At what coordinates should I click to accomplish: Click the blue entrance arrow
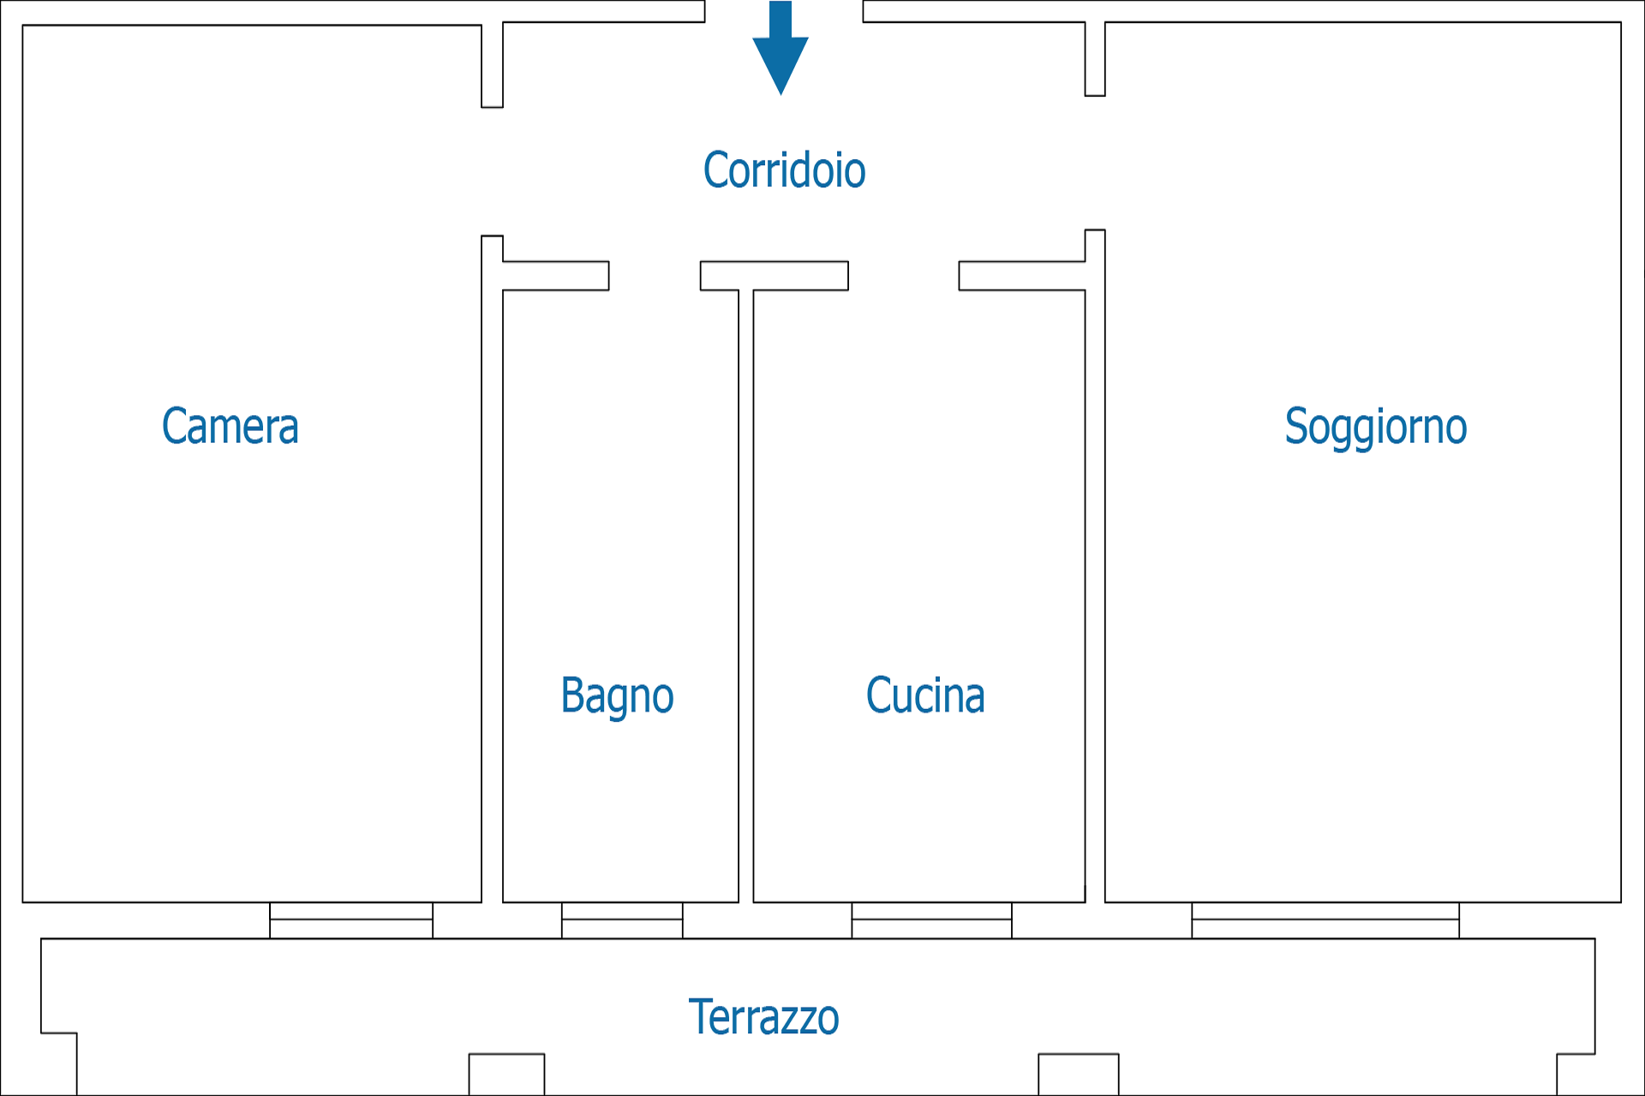click(781, 48)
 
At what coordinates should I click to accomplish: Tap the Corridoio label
click(784, 170)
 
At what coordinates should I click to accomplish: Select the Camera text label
click(230, 426)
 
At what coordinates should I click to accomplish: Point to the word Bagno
click(617, 696)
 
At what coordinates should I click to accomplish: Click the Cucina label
click(925, 694)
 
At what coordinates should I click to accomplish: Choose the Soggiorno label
click(1376, 427)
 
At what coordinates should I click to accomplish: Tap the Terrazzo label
click(763, 1016)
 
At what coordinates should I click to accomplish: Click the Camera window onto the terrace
click(351, 920)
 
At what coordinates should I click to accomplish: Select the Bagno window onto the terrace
click(622, 920)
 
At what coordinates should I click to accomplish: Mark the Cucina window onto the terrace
click(931, 920)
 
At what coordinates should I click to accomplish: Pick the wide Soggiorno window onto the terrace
click(1325, 920)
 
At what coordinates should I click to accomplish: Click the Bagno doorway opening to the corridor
click(655, 276)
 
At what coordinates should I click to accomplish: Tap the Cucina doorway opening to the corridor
click(903, 276)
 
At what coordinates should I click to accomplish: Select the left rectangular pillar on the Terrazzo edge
click(506, 1074)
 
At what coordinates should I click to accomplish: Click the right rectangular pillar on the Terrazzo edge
click(1078, 1074)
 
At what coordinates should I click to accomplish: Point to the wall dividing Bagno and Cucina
click(745, 596)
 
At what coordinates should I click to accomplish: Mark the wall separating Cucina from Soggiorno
click(1095, 566)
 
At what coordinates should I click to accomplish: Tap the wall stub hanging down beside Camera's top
click(492, 65)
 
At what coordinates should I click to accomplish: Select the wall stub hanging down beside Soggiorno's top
click(1095, 59)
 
